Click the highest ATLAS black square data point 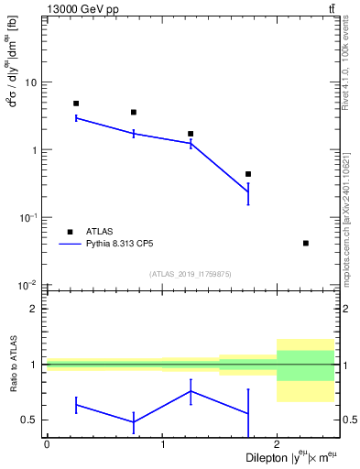point(76,104)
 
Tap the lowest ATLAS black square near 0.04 point(305,243)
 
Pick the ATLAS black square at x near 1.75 point(248,174)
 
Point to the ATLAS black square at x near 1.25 point(191,134)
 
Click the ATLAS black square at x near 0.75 point(134,113)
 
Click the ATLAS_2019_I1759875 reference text point(191,274)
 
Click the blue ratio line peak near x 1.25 point(191,391)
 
